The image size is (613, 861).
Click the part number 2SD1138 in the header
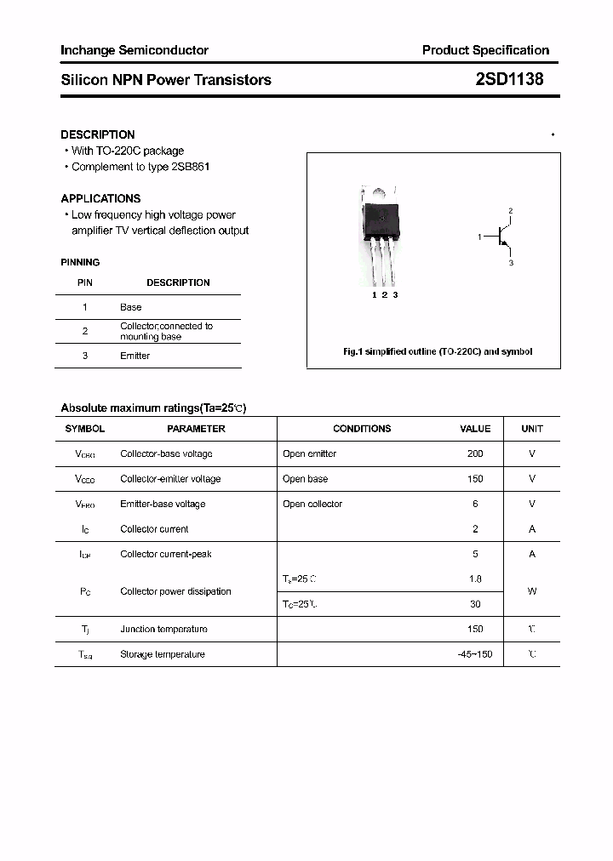pos(508,79)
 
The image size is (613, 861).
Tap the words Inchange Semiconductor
pos(134,50)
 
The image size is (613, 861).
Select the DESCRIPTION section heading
pos(97,134)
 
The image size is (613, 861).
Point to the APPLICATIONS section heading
pos(100,198)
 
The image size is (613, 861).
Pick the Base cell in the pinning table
pos(130,307)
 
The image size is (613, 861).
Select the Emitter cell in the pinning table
pos(135,356)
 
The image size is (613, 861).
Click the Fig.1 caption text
pos(438,351)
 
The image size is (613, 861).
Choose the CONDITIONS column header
pos(362,429)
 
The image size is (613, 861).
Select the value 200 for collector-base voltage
pos(475,453)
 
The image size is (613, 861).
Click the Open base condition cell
pos(305,479)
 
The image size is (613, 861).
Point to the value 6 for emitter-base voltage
pos(475,504)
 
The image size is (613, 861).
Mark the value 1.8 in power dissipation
pos(475,579)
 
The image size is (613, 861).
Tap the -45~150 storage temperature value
pos(474,654)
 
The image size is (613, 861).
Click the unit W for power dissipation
pos(532,590)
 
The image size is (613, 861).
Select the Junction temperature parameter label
pos(163,629)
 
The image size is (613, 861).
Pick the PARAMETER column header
pos(196,429)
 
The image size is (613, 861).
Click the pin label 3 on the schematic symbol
pos(511,263)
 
